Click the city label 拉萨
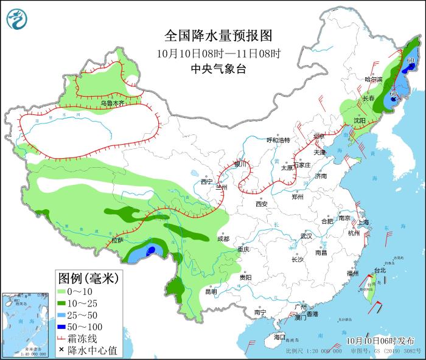(117, 241)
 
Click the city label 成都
(222, 239)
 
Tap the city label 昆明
(211, 291)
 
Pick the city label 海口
(279, 336)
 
